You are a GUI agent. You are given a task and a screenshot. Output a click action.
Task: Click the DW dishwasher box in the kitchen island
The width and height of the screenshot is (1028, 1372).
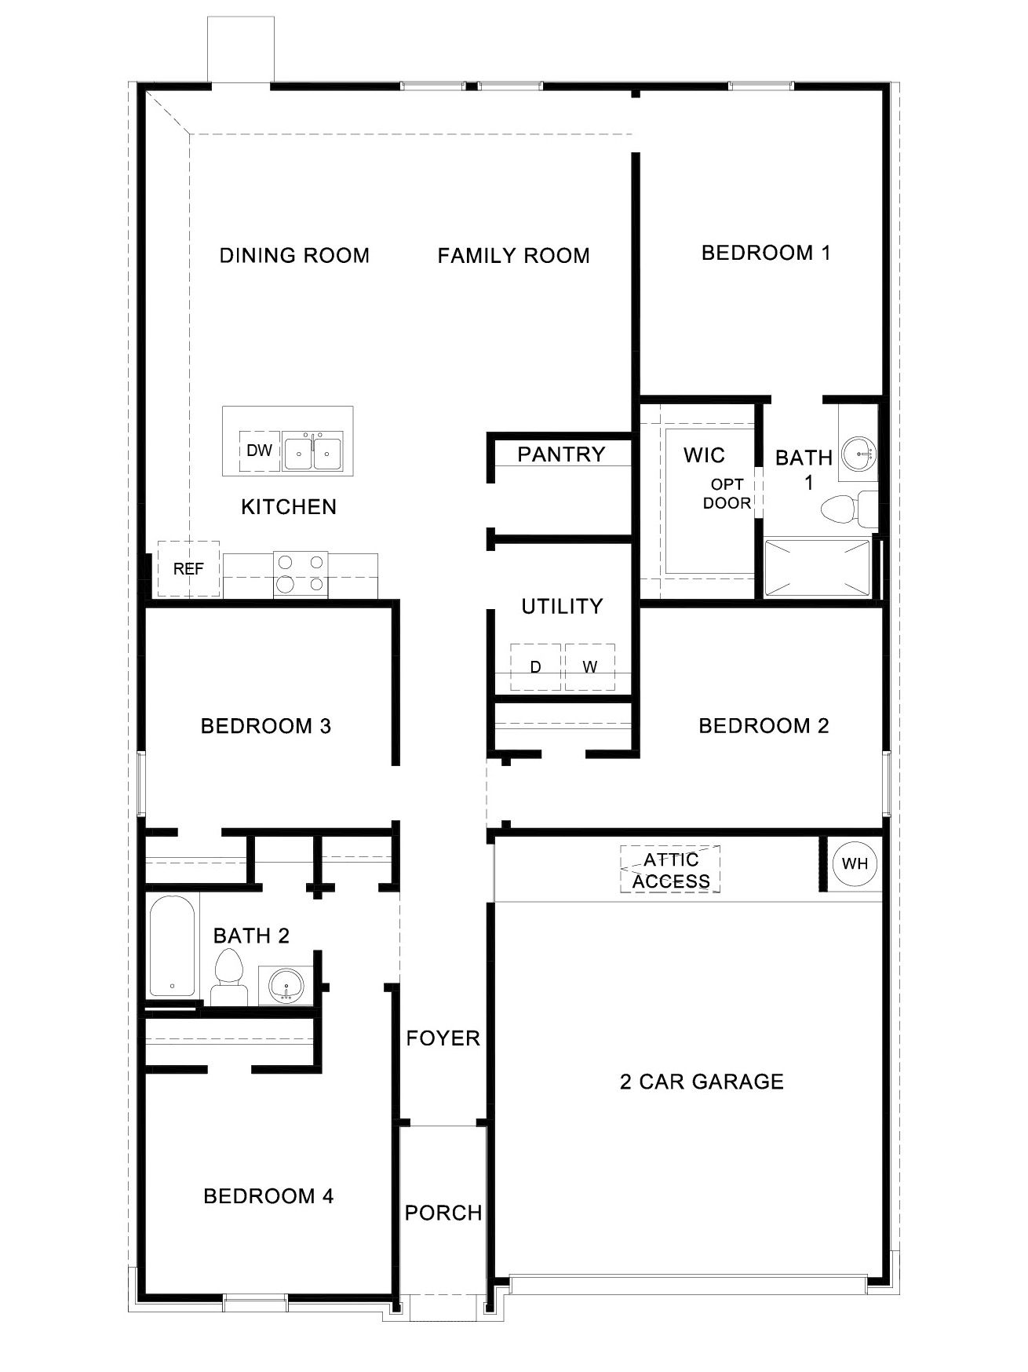coord(259,451)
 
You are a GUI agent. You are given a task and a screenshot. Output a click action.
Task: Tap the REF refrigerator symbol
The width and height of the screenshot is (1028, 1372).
coord(188,569)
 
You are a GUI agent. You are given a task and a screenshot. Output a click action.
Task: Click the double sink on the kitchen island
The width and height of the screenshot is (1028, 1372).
coord(312,453)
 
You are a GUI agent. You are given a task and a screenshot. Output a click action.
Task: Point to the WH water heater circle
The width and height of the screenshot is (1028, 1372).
coord(855,863)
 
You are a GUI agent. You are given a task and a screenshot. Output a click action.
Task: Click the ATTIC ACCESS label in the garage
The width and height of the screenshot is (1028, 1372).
coord(671,870)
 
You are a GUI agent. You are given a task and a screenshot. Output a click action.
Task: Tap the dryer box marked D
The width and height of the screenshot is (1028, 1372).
coord(536,667)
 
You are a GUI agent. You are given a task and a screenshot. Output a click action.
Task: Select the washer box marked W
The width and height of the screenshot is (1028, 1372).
coord(590,667)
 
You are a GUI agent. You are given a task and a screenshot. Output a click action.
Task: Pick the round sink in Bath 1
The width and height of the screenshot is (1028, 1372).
coord(859,453)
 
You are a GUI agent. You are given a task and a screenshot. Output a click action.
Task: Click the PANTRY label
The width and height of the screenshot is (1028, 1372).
coord(561,454)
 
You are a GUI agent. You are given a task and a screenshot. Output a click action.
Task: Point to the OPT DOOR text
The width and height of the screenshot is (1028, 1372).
coord(727,494)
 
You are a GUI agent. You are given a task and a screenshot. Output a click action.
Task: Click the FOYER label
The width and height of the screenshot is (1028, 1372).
coord(443,1038)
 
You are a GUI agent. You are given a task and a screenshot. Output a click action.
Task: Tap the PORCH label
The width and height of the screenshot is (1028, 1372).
coord(443,1213)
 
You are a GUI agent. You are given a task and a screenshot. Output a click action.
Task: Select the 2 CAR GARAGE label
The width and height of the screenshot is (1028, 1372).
coord(702,1082)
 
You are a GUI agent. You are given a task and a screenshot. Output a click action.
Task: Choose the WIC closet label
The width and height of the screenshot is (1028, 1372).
coord(704,455)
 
